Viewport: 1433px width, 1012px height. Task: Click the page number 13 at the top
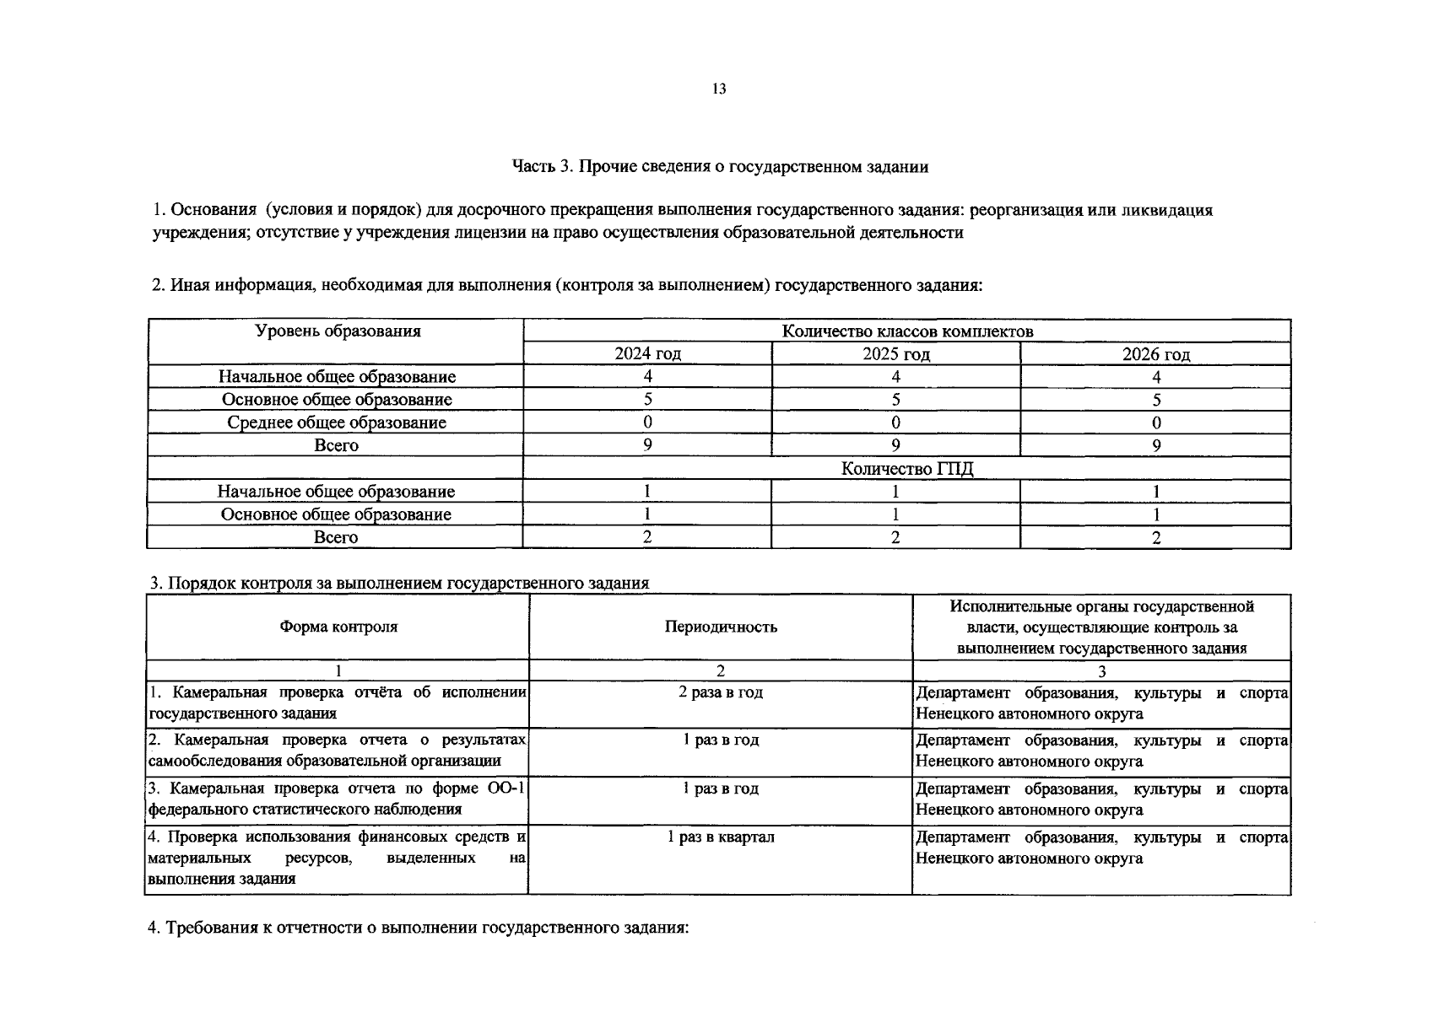[719, 89]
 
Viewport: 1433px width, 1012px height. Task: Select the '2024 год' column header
[647, 353]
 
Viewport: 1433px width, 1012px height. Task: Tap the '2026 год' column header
[1155, 354]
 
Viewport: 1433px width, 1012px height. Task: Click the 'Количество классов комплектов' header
[906, 331]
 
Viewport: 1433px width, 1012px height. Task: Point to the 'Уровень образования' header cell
[338, 331]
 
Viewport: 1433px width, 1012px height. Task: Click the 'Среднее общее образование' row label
[336, 423]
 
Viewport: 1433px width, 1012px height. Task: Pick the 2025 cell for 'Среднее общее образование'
[895, 423]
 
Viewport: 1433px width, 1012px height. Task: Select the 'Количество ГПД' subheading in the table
[906, 469]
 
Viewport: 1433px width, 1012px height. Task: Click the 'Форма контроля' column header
[338, 627]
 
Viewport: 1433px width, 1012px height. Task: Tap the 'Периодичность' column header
[720, 627]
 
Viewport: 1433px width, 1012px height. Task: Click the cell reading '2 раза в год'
[720, 692]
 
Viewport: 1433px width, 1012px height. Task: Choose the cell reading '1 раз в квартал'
[720, 837]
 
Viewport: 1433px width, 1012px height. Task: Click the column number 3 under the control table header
[1101, 671]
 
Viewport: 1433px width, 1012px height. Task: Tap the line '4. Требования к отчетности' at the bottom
[419, 928]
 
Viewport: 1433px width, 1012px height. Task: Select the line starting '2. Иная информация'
[566, 285]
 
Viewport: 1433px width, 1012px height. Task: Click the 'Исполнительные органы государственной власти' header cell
[1101, 627]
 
